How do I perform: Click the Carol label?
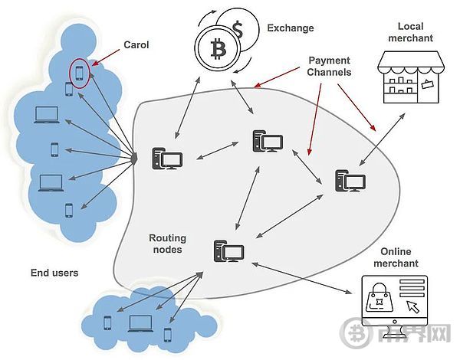point(136,45)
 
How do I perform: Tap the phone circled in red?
point(79,73)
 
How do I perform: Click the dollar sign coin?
point(238,31)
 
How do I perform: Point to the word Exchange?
point(291,28)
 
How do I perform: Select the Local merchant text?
point(405,32)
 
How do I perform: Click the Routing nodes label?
point(167,244)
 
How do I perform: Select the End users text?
point(54,273)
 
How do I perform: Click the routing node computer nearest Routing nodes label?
point(228,252)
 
